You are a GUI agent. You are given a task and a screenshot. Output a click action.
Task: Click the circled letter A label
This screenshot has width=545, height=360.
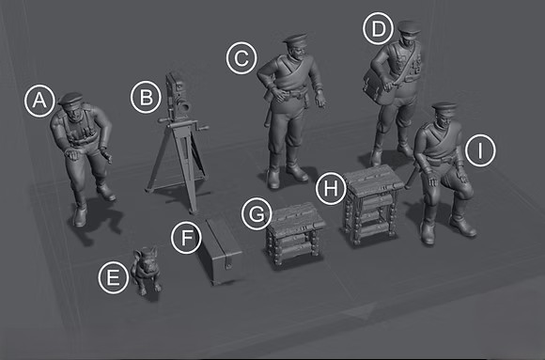tap(39, 101)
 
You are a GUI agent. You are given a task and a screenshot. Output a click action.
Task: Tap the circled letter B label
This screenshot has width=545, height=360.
tap(146, 98)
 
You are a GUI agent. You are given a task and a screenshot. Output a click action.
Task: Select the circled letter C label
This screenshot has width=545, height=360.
tap(241, 58)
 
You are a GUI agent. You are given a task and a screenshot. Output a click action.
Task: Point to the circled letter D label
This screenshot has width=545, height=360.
tap(378, 28)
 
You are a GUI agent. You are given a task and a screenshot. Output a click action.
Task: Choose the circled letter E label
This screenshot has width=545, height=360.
tap(114, 278)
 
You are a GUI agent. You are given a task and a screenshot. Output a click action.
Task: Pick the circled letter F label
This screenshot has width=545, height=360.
tap(187, 238)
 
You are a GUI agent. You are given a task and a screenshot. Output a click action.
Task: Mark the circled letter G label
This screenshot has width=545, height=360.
tap(257, 214)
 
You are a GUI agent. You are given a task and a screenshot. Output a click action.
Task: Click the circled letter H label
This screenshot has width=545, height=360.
tap(332, 188)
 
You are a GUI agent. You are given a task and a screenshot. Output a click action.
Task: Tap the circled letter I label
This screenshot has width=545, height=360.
tap(480, 151)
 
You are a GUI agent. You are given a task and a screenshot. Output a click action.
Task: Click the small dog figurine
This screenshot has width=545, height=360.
tap(147, 270)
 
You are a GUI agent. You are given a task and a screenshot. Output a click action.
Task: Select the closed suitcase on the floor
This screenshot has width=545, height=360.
tap(220, 251)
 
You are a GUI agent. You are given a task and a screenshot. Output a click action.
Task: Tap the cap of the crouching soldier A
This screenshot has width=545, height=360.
tap(71, 99)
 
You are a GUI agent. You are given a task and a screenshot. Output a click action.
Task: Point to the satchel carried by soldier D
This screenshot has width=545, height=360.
tap(379, 86)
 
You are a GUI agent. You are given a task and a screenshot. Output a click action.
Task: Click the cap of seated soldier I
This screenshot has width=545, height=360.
tap(444, 107)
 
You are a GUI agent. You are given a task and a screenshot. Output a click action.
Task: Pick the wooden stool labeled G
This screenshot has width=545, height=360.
tap(294, 233)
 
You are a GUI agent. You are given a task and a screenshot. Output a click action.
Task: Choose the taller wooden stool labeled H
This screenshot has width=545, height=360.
tap(372, 204)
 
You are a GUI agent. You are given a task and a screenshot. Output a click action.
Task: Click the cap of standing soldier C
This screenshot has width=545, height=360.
tap(295, 38)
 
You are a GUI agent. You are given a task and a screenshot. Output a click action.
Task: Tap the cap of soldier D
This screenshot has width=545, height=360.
tap(409, 26)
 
